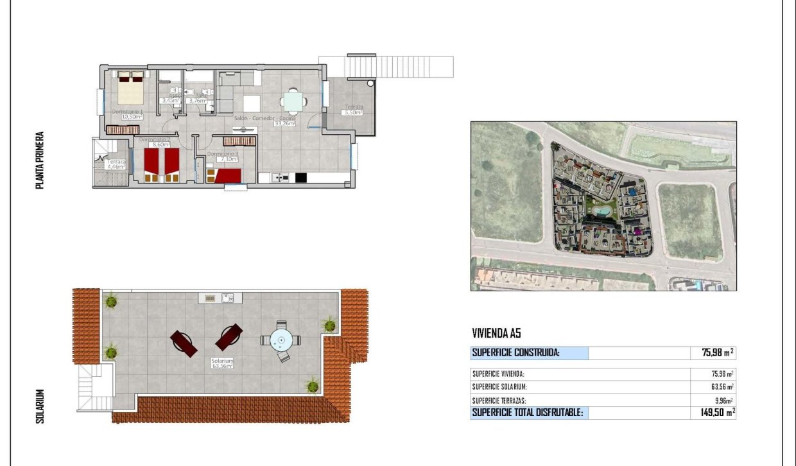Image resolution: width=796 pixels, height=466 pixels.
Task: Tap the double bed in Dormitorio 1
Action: pos(132,89)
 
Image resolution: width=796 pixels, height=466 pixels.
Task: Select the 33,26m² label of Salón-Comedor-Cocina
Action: pos(284,124)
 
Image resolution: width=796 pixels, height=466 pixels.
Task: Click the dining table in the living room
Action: pos(293,101)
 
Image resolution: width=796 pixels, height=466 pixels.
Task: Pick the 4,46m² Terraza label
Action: pos(116,167)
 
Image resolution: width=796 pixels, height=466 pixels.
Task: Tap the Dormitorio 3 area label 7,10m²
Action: pos(227,159)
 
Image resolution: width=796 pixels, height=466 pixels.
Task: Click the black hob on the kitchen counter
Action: pos(301,177)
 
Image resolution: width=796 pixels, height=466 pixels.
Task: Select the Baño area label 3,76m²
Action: pos(198,101)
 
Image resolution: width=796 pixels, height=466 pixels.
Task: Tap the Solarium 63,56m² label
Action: pos(222,367)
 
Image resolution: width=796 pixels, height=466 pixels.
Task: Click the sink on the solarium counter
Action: pos(227,298)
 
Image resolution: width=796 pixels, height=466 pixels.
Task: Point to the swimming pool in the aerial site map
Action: pos(602,211)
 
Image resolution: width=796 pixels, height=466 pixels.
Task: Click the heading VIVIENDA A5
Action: pos(496,333)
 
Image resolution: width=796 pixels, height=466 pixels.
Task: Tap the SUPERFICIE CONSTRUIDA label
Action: pos(516,352)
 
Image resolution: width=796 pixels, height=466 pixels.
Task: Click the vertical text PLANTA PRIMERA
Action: pos(40,160)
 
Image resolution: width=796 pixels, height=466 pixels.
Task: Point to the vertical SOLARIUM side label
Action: pos(40,406)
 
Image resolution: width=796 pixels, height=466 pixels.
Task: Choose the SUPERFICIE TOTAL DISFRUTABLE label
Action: pos(528,413)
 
